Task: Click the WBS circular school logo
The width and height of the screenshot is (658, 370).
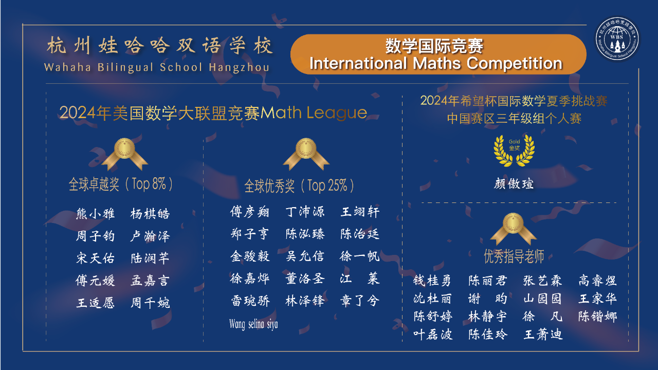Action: [x=617, y=39]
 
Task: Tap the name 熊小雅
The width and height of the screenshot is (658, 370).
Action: [x=95, y=214]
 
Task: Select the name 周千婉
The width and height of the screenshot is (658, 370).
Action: [x=150, y=303]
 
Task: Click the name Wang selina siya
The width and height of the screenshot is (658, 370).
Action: [x=253, y=324]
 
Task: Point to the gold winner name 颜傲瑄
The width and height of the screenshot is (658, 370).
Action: [x=514, y=184]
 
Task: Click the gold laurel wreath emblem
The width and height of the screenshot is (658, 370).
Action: [x=514, y=151]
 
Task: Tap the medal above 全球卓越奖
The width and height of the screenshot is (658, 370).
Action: [x=124, y=154]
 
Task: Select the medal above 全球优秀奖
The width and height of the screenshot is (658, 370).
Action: [x=306, y=154]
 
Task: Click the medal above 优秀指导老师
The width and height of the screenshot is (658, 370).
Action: [x=513, y=229]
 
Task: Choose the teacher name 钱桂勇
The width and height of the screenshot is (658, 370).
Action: [x=432, y=281]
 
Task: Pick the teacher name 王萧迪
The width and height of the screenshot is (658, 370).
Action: [x=543, y=335]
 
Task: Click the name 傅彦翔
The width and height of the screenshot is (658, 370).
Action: [x=250, y=212]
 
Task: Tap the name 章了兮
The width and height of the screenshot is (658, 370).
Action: [x=360, y=301]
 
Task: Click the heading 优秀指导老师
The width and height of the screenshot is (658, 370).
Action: [x=514, y=256]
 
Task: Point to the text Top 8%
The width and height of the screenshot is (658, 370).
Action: [x=149, y=184]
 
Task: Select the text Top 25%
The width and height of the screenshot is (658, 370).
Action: [x=327, y=186]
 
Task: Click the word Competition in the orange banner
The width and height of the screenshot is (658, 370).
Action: [x=515, y=63]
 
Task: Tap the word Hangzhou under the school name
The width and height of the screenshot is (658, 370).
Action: [x=239, y=67]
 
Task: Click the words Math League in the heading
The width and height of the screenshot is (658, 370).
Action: [x=314, y=113]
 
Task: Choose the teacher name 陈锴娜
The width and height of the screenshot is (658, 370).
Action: [x=598, y=317]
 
